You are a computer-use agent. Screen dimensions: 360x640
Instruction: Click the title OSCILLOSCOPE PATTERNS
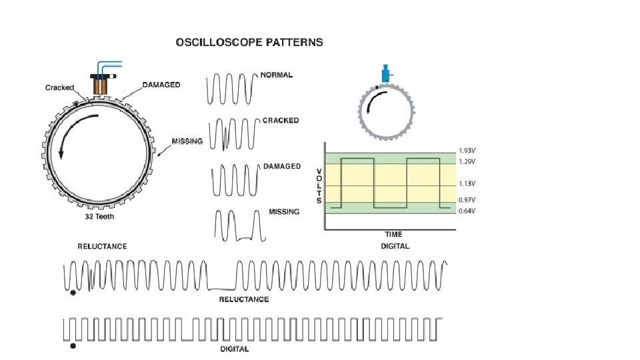[249, 42]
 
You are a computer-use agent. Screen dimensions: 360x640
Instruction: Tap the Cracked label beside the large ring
[59, 88]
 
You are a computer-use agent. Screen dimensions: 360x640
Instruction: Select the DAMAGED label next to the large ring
[161, 85]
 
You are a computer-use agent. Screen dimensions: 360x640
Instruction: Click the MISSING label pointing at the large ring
[187, 141]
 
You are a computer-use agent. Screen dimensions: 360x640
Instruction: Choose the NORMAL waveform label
[277, 75]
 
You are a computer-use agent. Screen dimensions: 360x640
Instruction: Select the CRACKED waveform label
[281, 121]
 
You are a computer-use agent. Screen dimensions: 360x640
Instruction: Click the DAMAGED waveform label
[282, 166]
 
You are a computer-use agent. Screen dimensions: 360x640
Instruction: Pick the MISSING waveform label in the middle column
[283, 211]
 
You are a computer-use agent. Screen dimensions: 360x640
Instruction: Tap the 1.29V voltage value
[467, 162]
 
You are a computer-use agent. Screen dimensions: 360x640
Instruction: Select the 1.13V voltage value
[467, 183]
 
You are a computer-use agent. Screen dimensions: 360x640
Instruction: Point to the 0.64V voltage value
[467, 211]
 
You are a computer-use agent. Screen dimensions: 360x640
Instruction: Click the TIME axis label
[393, 235]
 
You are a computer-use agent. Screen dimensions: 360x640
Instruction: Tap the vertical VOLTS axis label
[319, 185]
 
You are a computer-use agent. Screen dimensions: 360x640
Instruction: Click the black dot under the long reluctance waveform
[73, 292]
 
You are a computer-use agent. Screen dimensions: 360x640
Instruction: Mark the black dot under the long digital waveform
[73, 347]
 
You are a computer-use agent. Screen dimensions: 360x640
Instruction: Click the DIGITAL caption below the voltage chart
[395, 246]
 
